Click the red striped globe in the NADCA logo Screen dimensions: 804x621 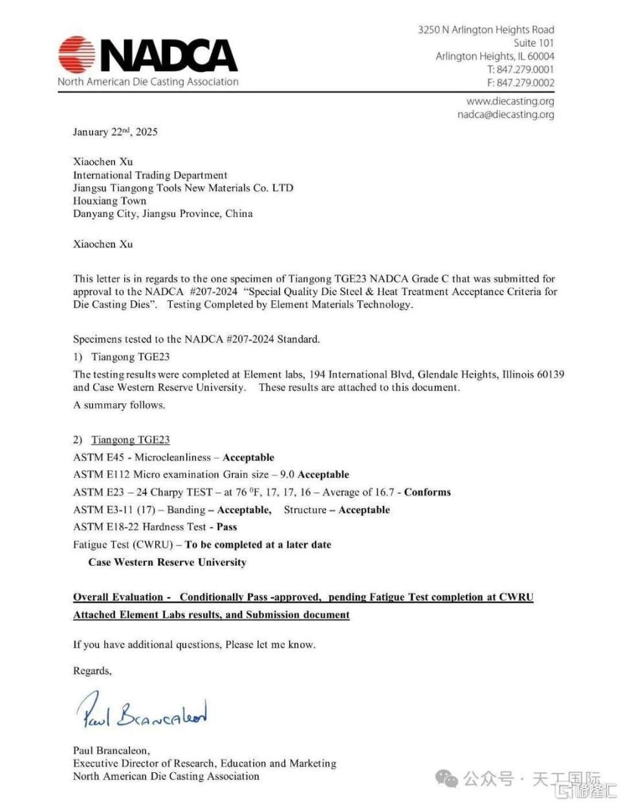pyautogui.click(x=76, y=54)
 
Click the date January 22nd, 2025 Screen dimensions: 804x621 pyautogui.click(x=115, y=132)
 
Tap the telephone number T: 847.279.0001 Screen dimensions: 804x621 pyautogui.click(x=520, y=69)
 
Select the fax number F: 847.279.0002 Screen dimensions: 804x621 pyautogui.click(x=520, y=82)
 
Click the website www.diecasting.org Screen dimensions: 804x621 pyautogui.click(x=510, y=101)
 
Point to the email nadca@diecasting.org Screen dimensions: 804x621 pyautogui.click(x=505, y=115)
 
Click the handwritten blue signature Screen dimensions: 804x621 pyautogui.click(x=142, y=711)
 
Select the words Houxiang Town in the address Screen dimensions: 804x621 pyautogui.click(x=109, y=201)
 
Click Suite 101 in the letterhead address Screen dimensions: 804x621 pyautogui.click(x=534, y=43)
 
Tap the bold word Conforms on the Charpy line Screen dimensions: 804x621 pyautogui.click(x=428, y=492)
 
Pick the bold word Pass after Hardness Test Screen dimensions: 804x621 pyautogui.click(x=226, y=527)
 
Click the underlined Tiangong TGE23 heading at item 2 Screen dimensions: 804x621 pyautogui.click(x=130, y=440)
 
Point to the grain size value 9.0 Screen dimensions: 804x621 pyautogui.click(x=287, y=475)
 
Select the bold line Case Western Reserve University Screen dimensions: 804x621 pyautogui.click(x=167, y=562)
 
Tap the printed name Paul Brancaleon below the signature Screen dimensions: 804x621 pyautogui.click(x=111, y=750)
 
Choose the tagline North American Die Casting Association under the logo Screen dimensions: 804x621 pyautogui.click(x=148, y=82)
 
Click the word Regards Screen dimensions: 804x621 pyautogui.click(x=92, y=671)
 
